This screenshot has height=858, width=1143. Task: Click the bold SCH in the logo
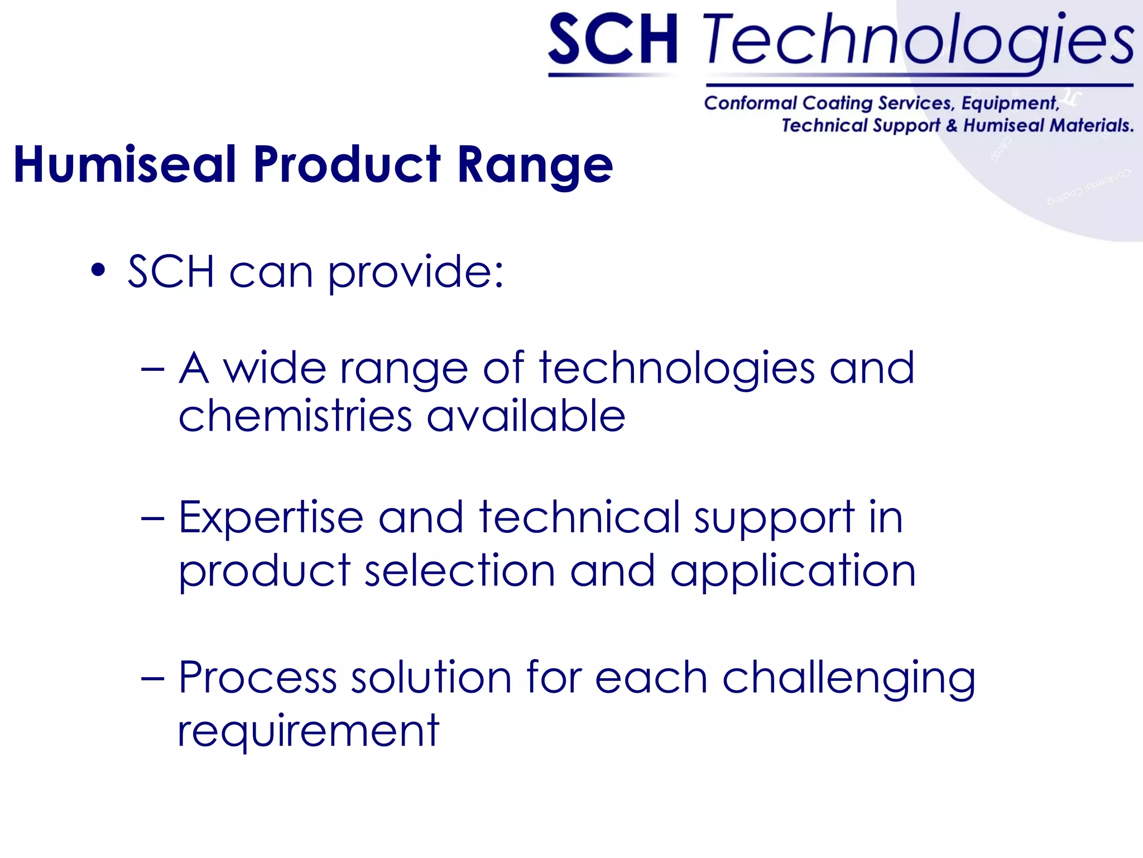click(x=613, y=40)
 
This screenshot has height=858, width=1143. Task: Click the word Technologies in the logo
click(x=918, y=40)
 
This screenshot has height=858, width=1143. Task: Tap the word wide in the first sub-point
click(x=275, y=368)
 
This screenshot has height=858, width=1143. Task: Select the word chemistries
click(x=295, y=416)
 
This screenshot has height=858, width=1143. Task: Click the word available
click(x=526, y=416)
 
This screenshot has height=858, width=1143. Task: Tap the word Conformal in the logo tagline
click(x=751, y=103)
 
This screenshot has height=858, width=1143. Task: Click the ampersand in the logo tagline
click(x=952, y=126)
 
